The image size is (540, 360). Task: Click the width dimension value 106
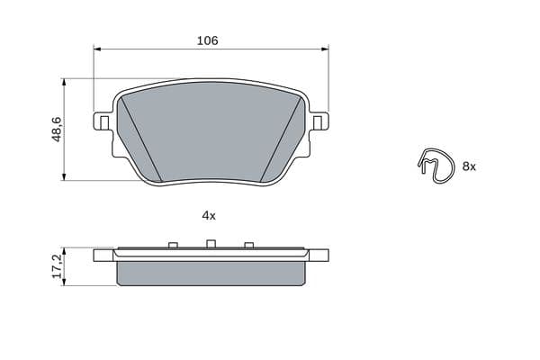click(x=208, y=40)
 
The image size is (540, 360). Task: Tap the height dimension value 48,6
click(x=57, y=130)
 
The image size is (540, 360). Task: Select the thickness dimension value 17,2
click(x=57, y=267)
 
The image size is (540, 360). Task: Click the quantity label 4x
click(x=209, y=215)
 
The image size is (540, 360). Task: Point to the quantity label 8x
click(x=469, y=166)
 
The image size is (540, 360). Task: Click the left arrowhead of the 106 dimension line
click(x=97, y=49)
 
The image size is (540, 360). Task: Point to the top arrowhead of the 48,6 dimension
click(x=65, y=82)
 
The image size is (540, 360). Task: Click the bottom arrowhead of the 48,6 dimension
click(x=65, y=177)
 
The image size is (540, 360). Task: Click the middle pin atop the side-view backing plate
click(x=210, y=243)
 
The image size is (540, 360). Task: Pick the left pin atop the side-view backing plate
click(x=171, y=245)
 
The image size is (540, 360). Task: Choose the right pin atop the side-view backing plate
click(x=248, y=245)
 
